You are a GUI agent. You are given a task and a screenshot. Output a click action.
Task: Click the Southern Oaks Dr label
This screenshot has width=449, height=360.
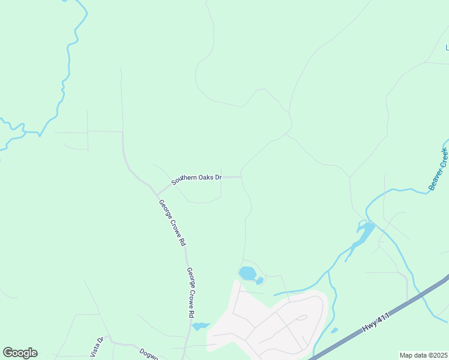pos(196,178)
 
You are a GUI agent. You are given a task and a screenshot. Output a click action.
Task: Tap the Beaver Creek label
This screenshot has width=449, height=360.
pos(439,169)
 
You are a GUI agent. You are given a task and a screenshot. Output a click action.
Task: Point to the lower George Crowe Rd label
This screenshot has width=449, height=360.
pos(190,292)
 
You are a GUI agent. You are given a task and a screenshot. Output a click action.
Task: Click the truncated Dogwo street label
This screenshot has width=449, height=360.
pos(148,354)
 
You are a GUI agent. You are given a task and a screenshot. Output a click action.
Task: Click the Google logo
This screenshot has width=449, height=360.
pos(20,353)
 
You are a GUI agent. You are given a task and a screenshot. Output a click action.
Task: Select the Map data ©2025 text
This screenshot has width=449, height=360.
pos(423,355)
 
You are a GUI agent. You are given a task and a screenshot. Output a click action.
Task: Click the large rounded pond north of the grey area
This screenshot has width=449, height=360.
pos(247,274)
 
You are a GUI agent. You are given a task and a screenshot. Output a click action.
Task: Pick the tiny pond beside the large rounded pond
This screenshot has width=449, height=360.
pos(259,281)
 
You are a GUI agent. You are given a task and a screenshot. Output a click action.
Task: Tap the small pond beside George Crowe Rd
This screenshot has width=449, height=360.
pos(199,326)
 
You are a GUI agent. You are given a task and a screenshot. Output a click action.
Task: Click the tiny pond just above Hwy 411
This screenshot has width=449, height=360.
pos(334,330)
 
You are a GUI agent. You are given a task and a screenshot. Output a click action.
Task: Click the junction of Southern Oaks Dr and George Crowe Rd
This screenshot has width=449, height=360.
pos(158,194)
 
